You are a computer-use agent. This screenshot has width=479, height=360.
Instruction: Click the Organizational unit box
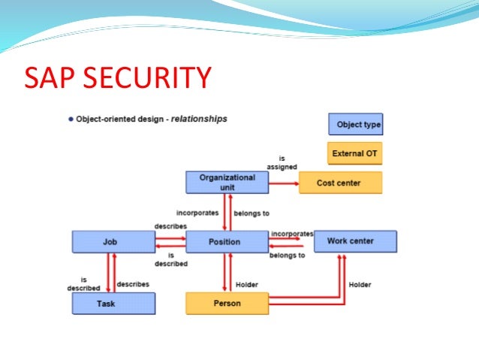pos(227,182)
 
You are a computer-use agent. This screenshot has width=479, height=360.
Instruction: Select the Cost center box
pos(340,183)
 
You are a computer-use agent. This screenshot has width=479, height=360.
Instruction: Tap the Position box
pos(227,242)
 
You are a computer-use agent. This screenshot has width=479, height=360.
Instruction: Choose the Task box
pos(113,303)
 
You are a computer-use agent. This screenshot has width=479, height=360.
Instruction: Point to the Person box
pos(227,304)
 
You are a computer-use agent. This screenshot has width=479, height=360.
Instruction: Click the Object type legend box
pos(355,124)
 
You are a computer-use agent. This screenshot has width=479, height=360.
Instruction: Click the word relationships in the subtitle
pos(198,119)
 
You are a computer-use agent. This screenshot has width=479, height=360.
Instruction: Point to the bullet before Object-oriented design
pos(71,119)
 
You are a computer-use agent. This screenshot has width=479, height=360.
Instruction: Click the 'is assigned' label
pos(282,162)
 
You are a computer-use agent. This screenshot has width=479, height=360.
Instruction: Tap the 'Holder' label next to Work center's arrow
pos(360,285)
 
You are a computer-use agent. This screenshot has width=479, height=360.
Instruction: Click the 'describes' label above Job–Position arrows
pos(170,225)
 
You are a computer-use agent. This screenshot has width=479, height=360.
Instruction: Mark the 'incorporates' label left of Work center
pos(291,234)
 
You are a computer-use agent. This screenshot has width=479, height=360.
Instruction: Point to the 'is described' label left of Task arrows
pos(84,283)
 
